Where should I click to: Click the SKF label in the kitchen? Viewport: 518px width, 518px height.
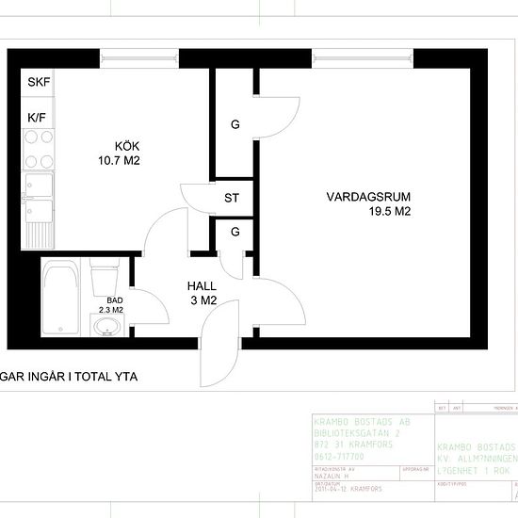pyautogui.click(x=39, y=83)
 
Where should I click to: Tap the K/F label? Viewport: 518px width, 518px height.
pyautogui.click(x=38, y=117)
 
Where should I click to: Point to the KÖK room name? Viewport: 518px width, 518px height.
pyautogui.click(x=127, y=147)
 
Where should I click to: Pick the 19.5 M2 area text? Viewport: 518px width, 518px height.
pyautogui.click(x=390, y=212)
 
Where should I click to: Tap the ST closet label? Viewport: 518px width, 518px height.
pyautogui.click(x=232, y=199)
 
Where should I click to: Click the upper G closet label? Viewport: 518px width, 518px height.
pyautogui.click(x=235, y=124)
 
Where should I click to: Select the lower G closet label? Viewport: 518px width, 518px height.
pyautogui.click(x=235, y=232)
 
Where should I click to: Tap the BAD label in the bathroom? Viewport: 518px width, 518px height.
pyautogui.click(x=114, y=299)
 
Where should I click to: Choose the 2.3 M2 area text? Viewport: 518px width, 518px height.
pyautogui.click(x=112, y=309)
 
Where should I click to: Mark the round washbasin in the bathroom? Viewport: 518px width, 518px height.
pyautogui.click(x=107, y=326)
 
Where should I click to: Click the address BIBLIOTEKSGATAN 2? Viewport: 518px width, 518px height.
pyautogui.click(x=356, y=433)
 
